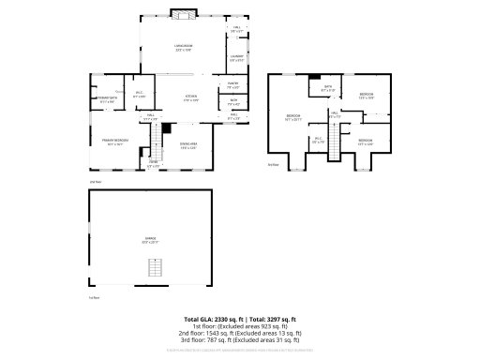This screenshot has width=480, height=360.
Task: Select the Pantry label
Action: [232, 86]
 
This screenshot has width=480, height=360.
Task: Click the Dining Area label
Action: [188, 143]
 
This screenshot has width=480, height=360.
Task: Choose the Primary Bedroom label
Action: [115, 143]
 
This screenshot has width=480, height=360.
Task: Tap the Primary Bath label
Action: [106, 99]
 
